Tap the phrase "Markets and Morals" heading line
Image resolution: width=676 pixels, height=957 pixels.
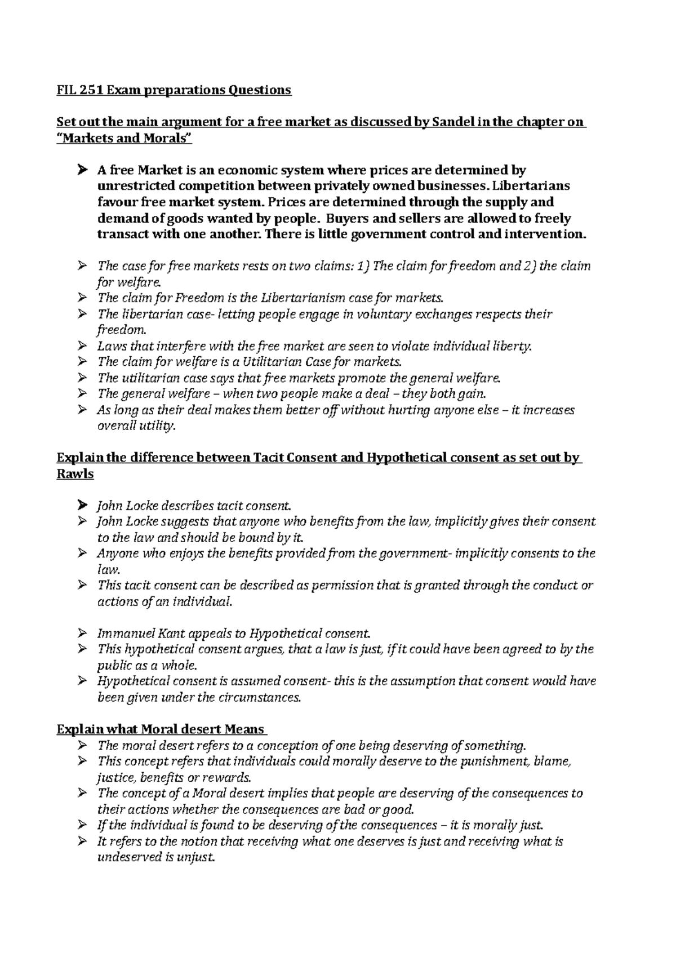pos(124,138)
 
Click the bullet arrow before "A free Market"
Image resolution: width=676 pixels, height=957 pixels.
pos(83,170)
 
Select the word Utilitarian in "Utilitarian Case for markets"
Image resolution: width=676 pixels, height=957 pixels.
pos(269,362)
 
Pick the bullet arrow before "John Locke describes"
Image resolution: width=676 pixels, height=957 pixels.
pos(83,506)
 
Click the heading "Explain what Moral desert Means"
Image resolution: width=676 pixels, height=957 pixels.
pos(161,730)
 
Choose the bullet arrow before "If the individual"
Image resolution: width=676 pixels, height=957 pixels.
pos(83,826)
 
